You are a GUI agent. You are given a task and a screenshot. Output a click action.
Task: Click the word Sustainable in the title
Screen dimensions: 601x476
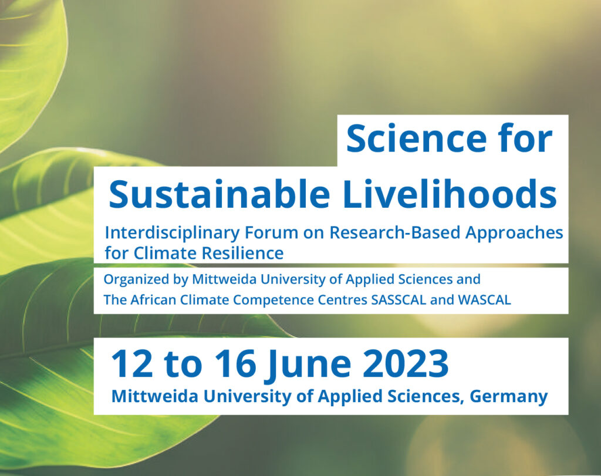[220, 194]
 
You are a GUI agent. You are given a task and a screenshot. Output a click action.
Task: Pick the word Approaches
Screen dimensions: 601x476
[514, 233]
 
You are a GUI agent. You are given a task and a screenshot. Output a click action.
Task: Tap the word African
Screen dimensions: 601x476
[153, 300]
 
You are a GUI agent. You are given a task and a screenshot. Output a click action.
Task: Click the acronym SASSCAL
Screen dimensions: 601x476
[399, 300]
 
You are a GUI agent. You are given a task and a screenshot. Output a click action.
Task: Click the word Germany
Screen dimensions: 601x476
[509, 397]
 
